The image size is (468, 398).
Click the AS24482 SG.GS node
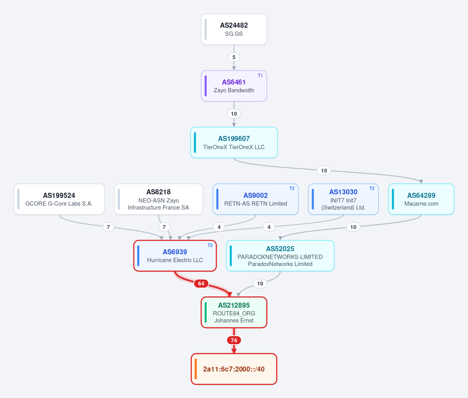[234, 29]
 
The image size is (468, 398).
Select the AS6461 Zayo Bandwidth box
[234, 86]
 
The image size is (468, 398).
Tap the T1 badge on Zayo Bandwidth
[260, 76]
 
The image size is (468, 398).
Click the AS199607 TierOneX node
[234, 143]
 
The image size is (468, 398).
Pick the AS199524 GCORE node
[59, 199]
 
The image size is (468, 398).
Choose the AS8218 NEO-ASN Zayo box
[158, 199]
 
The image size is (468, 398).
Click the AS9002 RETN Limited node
[255, 199]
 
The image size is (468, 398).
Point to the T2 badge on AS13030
[372, 188]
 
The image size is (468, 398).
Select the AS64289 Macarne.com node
[421, 199]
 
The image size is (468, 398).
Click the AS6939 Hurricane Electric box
[175, 256]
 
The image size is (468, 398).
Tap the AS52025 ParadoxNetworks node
[280, 256]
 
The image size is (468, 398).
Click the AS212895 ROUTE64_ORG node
[234, 312]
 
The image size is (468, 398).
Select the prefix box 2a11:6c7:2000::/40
[234, 369]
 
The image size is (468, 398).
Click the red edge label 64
[201, 284]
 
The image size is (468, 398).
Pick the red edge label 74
[234, 340]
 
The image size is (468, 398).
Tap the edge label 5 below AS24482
[234, 57]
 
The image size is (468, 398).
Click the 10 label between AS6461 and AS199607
[234, 114]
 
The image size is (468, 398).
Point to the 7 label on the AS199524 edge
[108, 227]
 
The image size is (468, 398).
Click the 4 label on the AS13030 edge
[269, 227]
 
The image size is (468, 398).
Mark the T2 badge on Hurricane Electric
[210, 245]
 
